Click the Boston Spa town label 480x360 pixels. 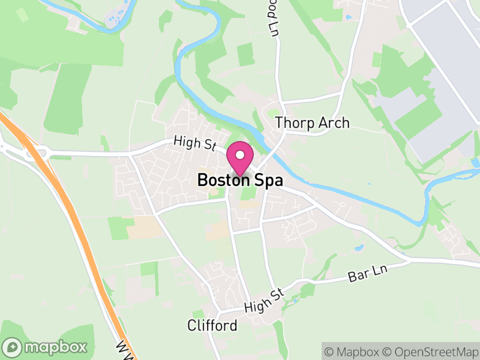(240, 180)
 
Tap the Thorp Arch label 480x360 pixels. (312, 123)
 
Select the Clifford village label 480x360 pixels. (212, 326)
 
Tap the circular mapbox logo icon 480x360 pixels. (13, 347)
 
